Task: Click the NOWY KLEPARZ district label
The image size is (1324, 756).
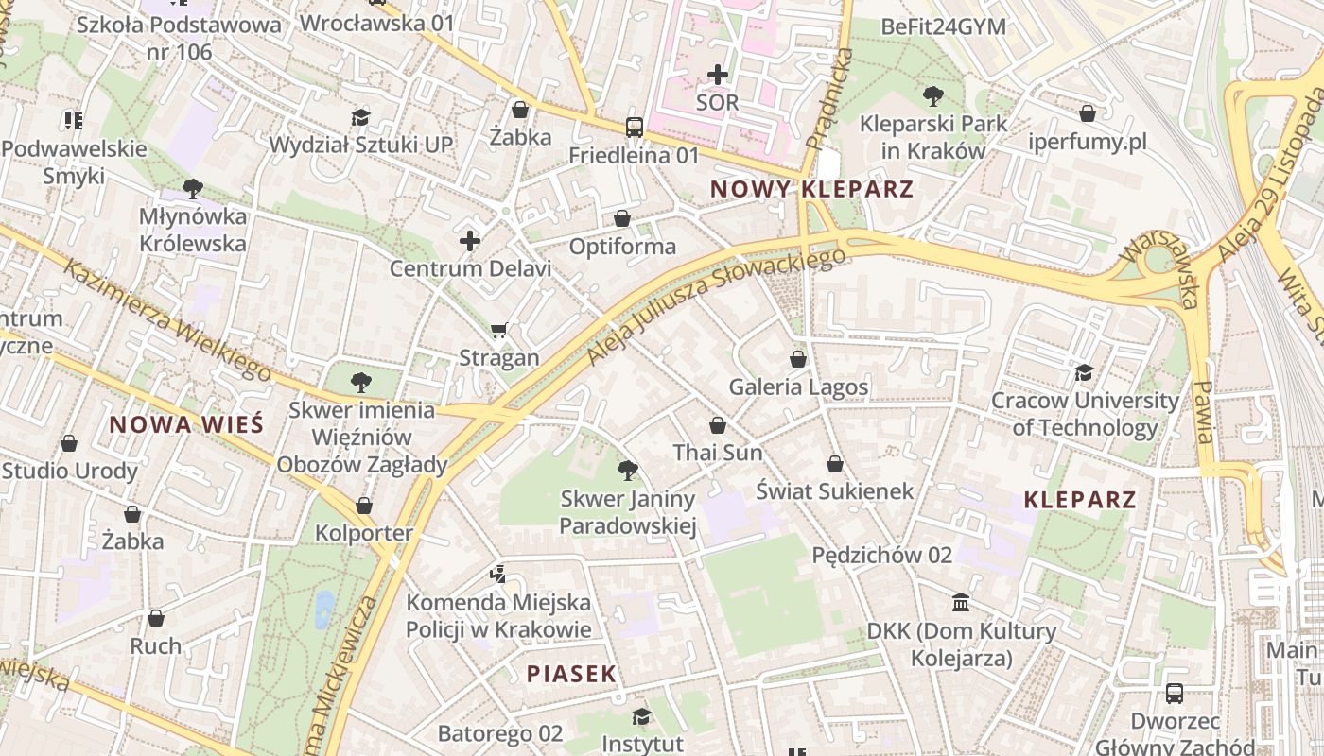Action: click(x=811, y=189)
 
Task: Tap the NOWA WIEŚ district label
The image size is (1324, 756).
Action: click(x=186, y=424)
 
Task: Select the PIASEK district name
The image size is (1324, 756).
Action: click(x=571, y=674)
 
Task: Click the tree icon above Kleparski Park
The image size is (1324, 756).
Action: click(x=932, y=95)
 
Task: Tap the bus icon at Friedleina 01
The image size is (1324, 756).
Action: click(x=634, y=128)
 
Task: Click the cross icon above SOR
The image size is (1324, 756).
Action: click(x=718, y=74)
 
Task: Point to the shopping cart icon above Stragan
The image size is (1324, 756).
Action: click(x=499, y=331)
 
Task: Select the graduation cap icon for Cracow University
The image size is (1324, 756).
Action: click(x=1084, y=373)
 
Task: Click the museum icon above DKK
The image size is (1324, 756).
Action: click(x=961, y=603)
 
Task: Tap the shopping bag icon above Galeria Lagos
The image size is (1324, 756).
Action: click(x=798, y=359)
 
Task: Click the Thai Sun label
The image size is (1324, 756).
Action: click(x=717, y=453)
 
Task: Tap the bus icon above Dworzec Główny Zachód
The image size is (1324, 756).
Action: click(x=1174, y=693)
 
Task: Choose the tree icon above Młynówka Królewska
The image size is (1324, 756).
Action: click(x=193, y=188)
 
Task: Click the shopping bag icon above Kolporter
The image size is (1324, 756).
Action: click(x=364, y=506)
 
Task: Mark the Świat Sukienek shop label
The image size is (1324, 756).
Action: click(x=835, y=490)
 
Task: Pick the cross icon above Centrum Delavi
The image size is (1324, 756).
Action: click(x=470, y=241)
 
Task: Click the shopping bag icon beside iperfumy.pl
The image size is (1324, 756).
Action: click(x=1088, y=113)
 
